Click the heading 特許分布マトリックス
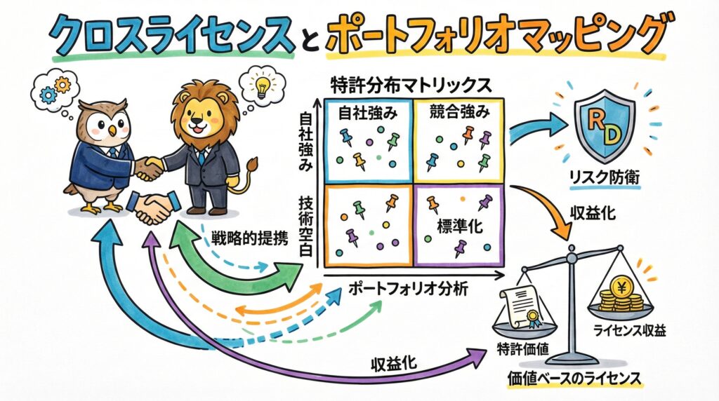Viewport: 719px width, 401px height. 410,84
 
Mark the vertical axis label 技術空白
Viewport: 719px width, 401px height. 308,224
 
